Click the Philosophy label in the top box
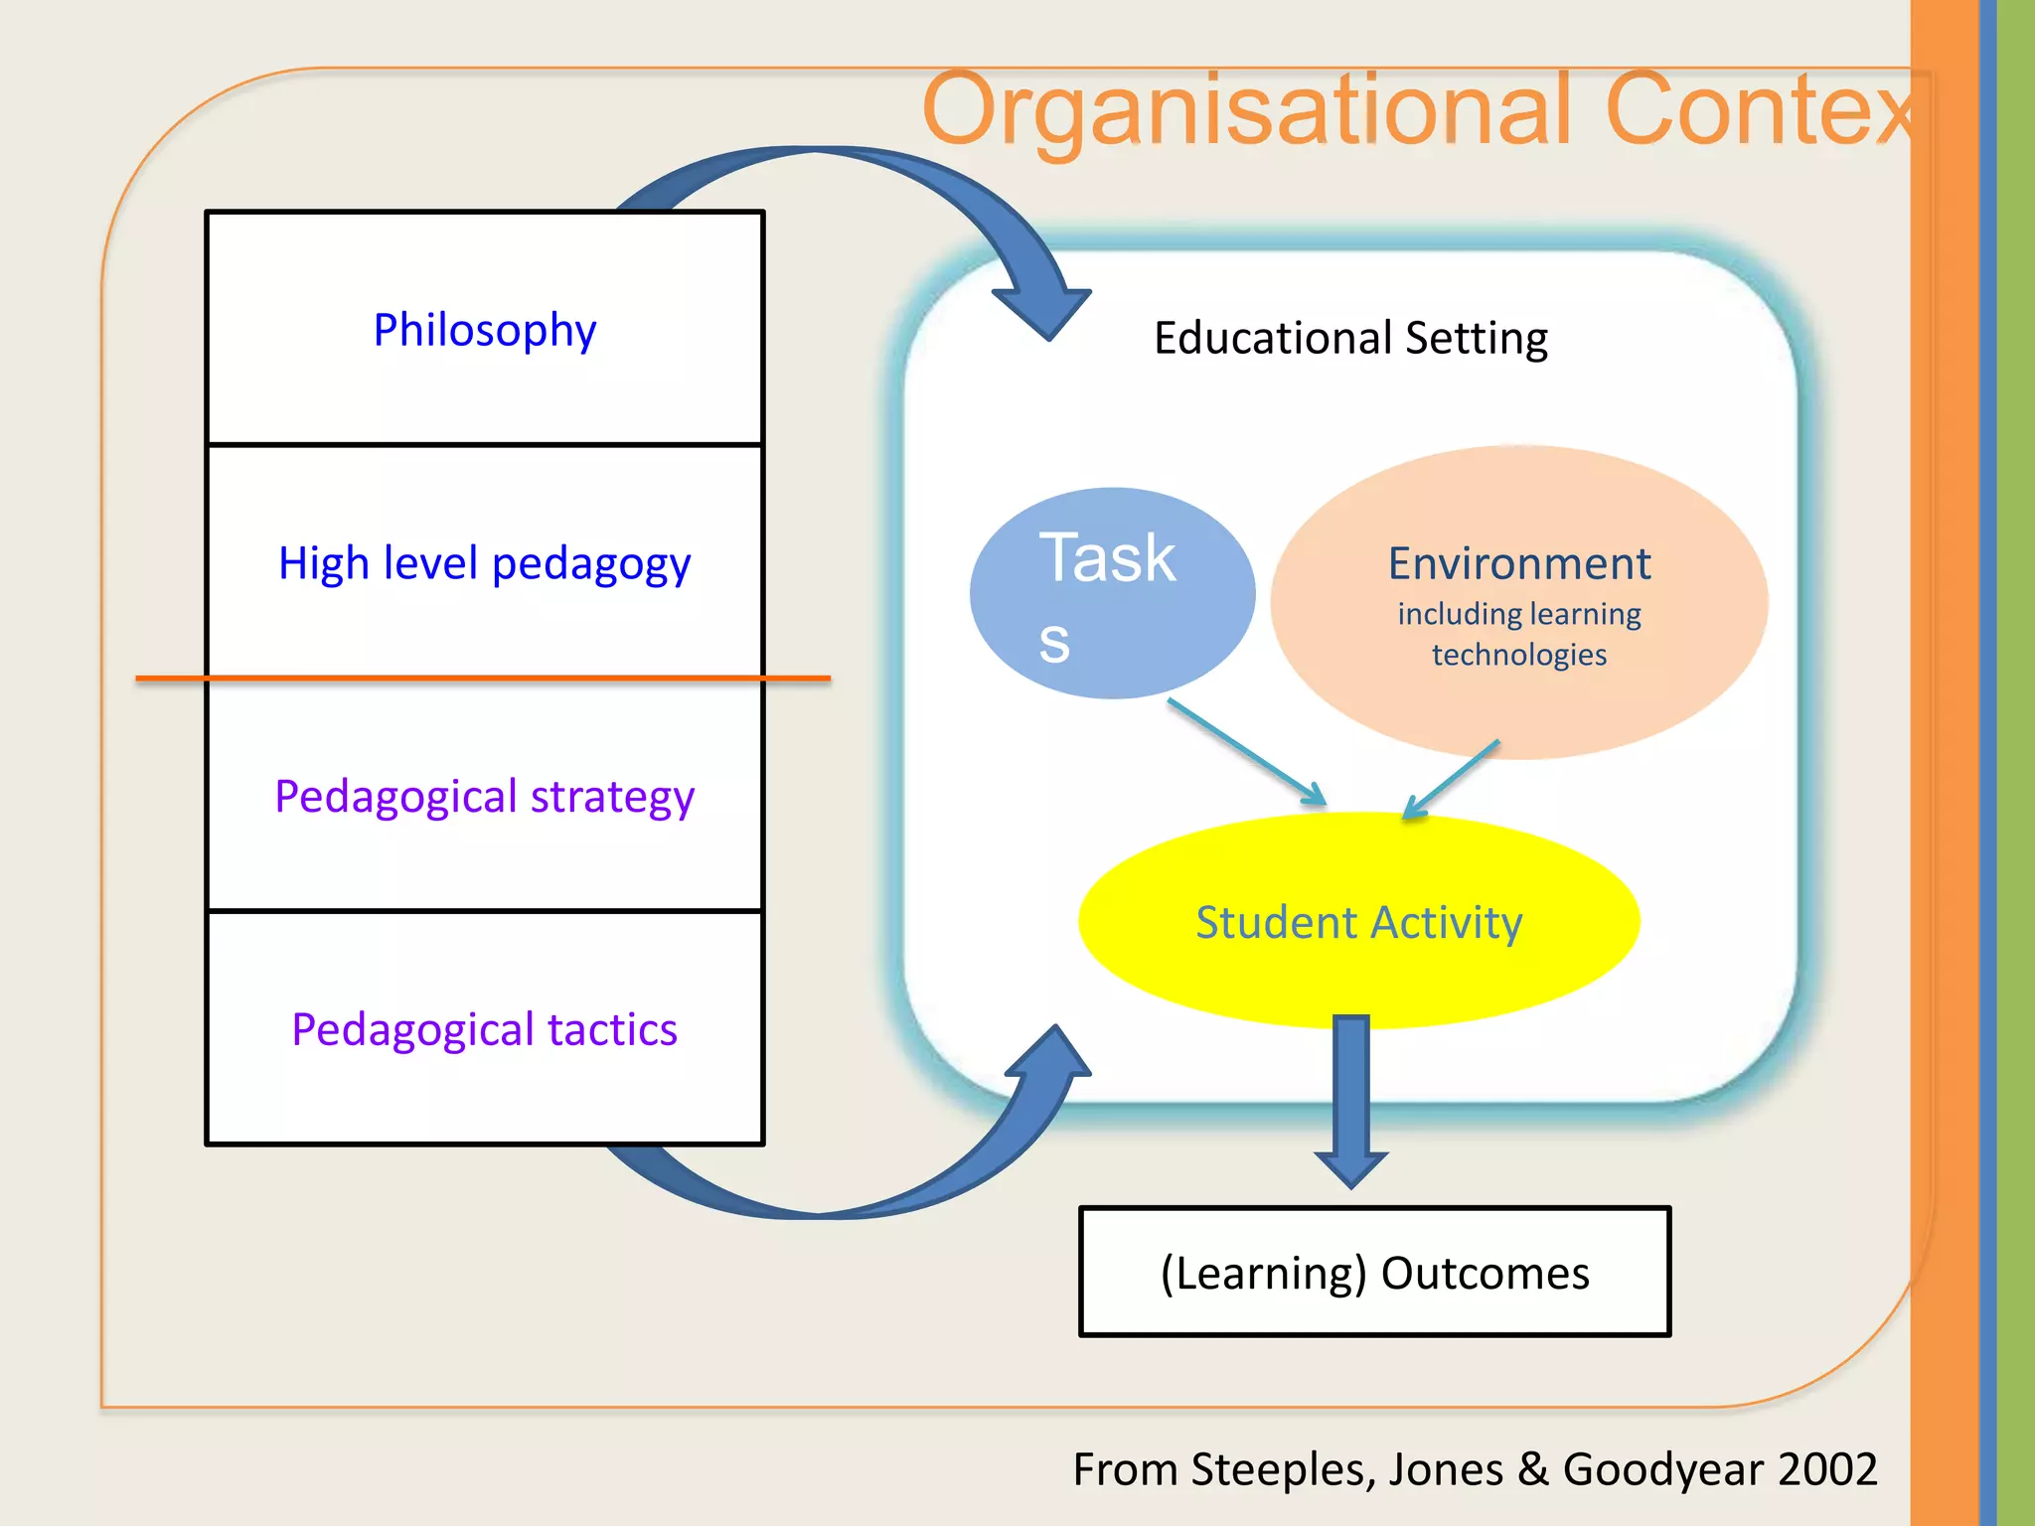click(485, 330)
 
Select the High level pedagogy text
click(485, 564)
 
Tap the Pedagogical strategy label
click(485, 797)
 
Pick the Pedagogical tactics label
click(485, 1029)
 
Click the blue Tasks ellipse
click(1112, 593)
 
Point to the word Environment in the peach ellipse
click(1519, 564)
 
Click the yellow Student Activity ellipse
click(1358, 922)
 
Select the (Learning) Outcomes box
click(1375, 1273)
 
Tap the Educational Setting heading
click(1350, 338)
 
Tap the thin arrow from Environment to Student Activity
click(1451, 779)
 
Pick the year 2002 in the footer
click(1827, 1469)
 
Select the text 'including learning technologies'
click(1519, 634)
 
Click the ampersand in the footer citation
click(1533, 1469)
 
